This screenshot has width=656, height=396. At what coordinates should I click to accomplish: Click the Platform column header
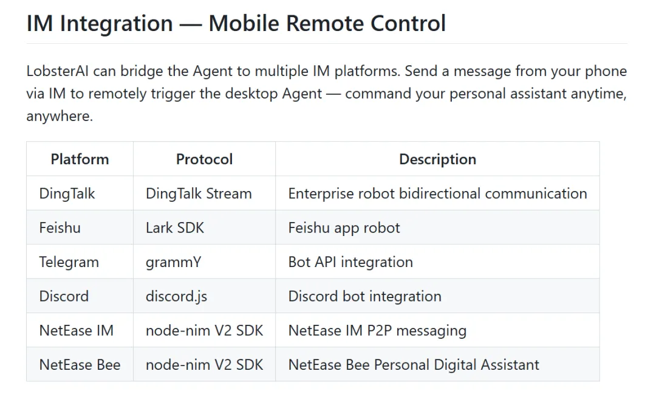[80, 159]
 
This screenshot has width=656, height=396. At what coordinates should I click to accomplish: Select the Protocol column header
[204, 159]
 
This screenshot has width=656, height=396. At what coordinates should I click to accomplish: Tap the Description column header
[437, 159]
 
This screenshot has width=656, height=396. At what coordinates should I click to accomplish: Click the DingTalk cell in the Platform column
[67, 193]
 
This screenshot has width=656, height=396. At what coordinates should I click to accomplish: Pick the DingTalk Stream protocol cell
[199, 193]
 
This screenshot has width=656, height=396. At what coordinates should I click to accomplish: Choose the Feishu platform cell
[60, 228]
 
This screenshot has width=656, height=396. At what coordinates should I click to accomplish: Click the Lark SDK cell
[175, 228]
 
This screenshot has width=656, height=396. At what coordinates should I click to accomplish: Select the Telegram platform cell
[69, 262]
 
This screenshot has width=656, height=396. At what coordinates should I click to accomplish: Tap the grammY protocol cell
[173, 262]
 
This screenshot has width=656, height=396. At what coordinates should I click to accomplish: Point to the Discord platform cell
[64, 296]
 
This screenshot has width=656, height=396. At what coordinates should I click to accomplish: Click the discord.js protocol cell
[176, 296]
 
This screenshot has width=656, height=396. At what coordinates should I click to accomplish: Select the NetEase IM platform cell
[76, 330]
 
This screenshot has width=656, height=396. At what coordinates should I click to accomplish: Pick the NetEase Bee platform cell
[80, 364]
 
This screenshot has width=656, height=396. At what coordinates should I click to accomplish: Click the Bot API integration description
[350, 262]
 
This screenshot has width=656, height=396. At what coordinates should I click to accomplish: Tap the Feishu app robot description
[344, 228]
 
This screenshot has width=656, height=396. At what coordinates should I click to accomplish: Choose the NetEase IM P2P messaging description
[377, 330]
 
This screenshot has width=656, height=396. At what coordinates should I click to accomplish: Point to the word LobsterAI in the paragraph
[58, 71]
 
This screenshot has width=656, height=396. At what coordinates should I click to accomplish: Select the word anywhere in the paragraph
[58, 116]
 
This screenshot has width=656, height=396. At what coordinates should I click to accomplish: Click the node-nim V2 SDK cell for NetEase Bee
[204, 364]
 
